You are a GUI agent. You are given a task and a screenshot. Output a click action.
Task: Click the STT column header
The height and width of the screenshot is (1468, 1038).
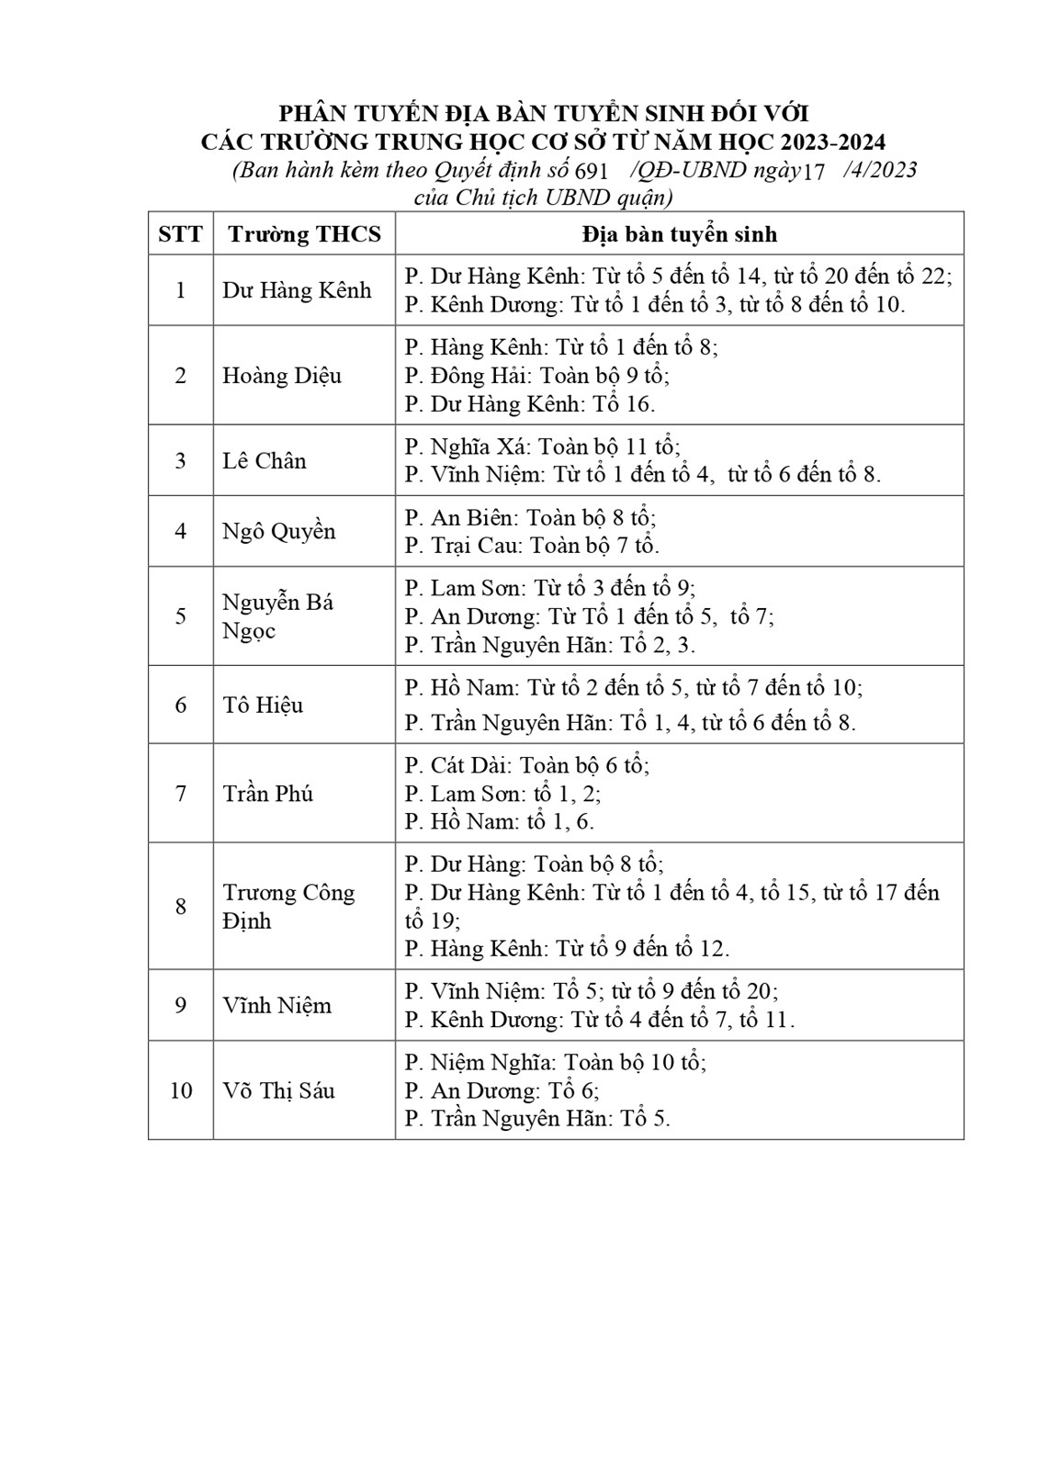click(x=180, y=234)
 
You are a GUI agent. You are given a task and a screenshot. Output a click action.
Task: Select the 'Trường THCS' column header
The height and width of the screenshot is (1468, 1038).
click(x=304, y=234)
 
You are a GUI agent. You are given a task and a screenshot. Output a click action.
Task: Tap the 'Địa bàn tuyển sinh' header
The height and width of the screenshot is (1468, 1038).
click(x=679, y=234)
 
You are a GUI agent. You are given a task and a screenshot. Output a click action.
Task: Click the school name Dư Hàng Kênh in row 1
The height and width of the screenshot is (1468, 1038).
click(x=297, y=290)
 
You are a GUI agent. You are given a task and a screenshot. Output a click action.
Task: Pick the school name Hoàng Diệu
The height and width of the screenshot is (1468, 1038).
click(x=281, y=376)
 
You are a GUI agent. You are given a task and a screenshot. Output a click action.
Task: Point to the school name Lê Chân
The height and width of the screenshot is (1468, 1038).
click(x=265, y=461)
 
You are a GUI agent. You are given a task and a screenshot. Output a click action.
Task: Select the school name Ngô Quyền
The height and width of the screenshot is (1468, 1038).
click(x=278, y=532)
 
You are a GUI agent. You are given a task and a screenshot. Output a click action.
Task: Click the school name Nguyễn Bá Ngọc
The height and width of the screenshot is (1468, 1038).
click(x=277, y=616)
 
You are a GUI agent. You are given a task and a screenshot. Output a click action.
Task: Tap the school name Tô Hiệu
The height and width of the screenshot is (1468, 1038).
click(x=263, y=706)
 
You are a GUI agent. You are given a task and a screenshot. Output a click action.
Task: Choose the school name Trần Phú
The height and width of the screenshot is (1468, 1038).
click(x=267, y=794)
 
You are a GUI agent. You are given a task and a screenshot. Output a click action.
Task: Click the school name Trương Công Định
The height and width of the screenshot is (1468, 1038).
click(x=288, y=907)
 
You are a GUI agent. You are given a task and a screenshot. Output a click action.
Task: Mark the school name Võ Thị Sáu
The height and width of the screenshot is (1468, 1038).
click(x=278, y=1091)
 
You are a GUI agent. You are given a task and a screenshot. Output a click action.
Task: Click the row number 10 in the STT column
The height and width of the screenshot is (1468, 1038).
click(x=181, y=1091)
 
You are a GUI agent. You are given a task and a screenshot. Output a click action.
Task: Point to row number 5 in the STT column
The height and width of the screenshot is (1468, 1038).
click(x=181, y=616)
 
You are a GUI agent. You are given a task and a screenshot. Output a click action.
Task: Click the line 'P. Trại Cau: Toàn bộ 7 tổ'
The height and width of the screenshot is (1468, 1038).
click(x=532, y=546)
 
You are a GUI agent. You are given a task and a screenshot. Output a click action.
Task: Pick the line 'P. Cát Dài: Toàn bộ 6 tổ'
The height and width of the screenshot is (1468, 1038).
click(x=526, y=765)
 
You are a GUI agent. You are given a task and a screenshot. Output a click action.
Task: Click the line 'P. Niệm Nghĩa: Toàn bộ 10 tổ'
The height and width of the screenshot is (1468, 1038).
click(x=555, y=1063)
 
